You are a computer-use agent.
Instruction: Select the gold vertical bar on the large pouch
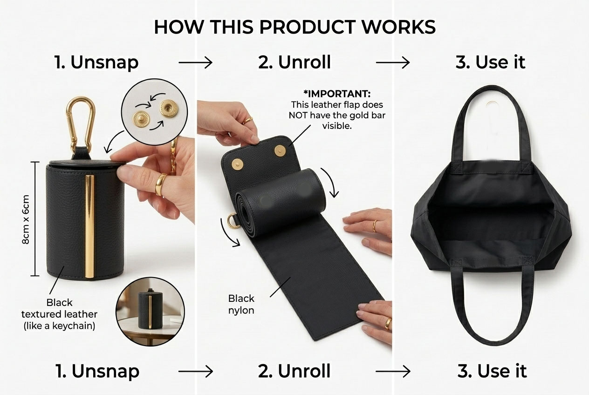click(x=89, y=226)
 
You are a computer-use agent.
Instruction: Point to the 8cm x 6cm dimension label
click(x=26, y=219)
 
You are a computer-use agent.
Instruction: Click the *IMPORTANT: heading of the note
click(x=337, y=94)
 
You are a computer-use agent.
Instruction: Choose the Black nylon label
click(x=241, y=304)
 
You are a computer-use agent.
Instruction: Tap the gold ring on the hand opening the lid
click(x=160, y=184)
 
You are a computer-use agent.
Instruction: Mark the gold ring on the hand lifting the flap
click(x=247, y=121)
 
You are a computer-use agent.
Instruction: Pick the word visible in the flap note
click(x=337, y=126)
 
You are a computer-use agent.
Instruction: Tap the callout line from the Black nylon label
click(x=281, y=287)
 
